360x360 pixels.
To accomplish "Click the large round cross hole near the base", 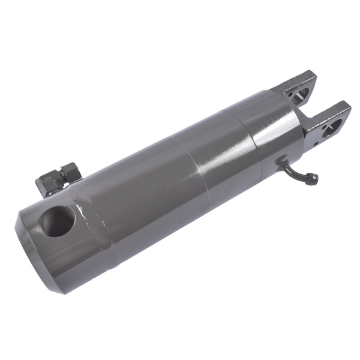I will click(x=58, y=221).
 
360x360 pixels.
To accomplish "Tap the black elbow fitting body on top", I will click(x=50, y=182).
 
